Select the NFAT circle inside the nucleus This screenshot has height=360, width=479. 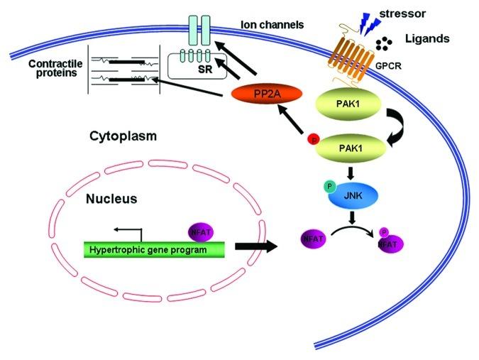pyautogui.click(x=200, y=231)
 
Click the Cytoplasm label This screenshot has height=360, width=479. pyautogui.click(x=121, y=135)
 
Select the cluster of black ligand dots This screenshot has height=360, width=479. pyautogui.click(x=384, y=45)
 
